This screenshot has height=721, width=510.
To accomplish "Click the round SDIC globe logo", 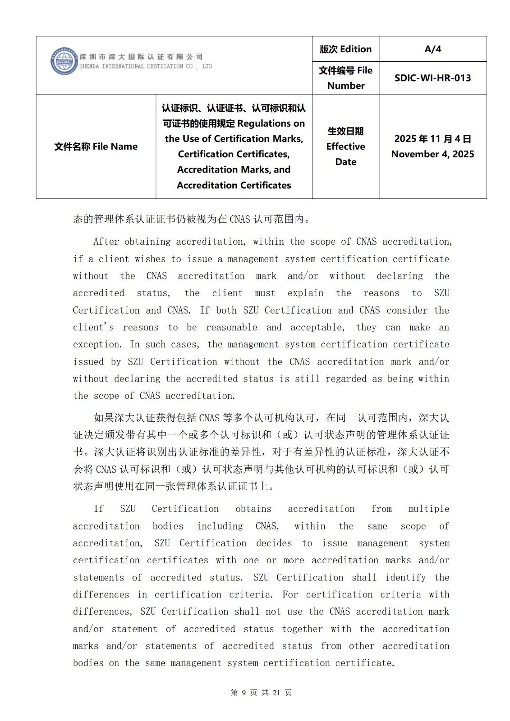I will tap(64, 61).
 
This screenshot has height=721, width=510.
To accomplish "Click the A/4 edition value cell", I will tap(433, 49).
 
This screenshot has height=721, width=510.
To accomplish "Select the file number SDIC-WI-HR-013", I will tap(433, 78).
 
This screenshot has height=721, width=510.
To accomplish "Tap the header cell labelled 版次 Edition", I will tap(346, 49).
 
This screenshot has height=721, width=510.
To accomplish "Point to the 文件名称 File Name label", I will tap(96, 146).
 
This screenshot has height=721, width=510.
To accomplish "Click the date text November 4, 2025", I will tap(433, 154).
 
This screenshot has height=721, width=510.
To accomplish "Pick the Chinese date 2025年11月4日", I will tap(433, 139).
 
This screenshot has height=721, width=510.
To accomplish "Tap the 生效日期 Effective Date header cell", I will tap(346, 146).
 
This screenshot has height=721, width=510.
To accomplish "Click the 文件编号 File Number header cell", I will tap(346, 78).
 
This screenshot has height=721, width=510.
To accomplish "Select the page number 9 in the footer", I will tap(244, 693).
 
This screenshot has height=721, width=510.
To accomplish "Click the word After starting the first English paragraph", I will tap(106, 242).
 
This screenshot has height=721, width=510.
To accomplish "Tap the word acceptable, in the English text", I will tap(317, 328).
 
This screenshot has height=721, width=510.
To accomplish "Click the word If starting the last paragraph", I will tap(99, 509).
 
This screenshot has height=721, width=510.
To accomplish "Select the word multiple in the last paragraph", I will tap(428, 509).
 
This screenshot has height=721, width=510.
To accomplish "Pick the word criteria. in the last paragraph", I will tap(251, 595).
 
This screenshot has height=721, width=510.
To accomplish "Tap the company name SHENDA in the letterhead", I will tap(89, 66).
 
